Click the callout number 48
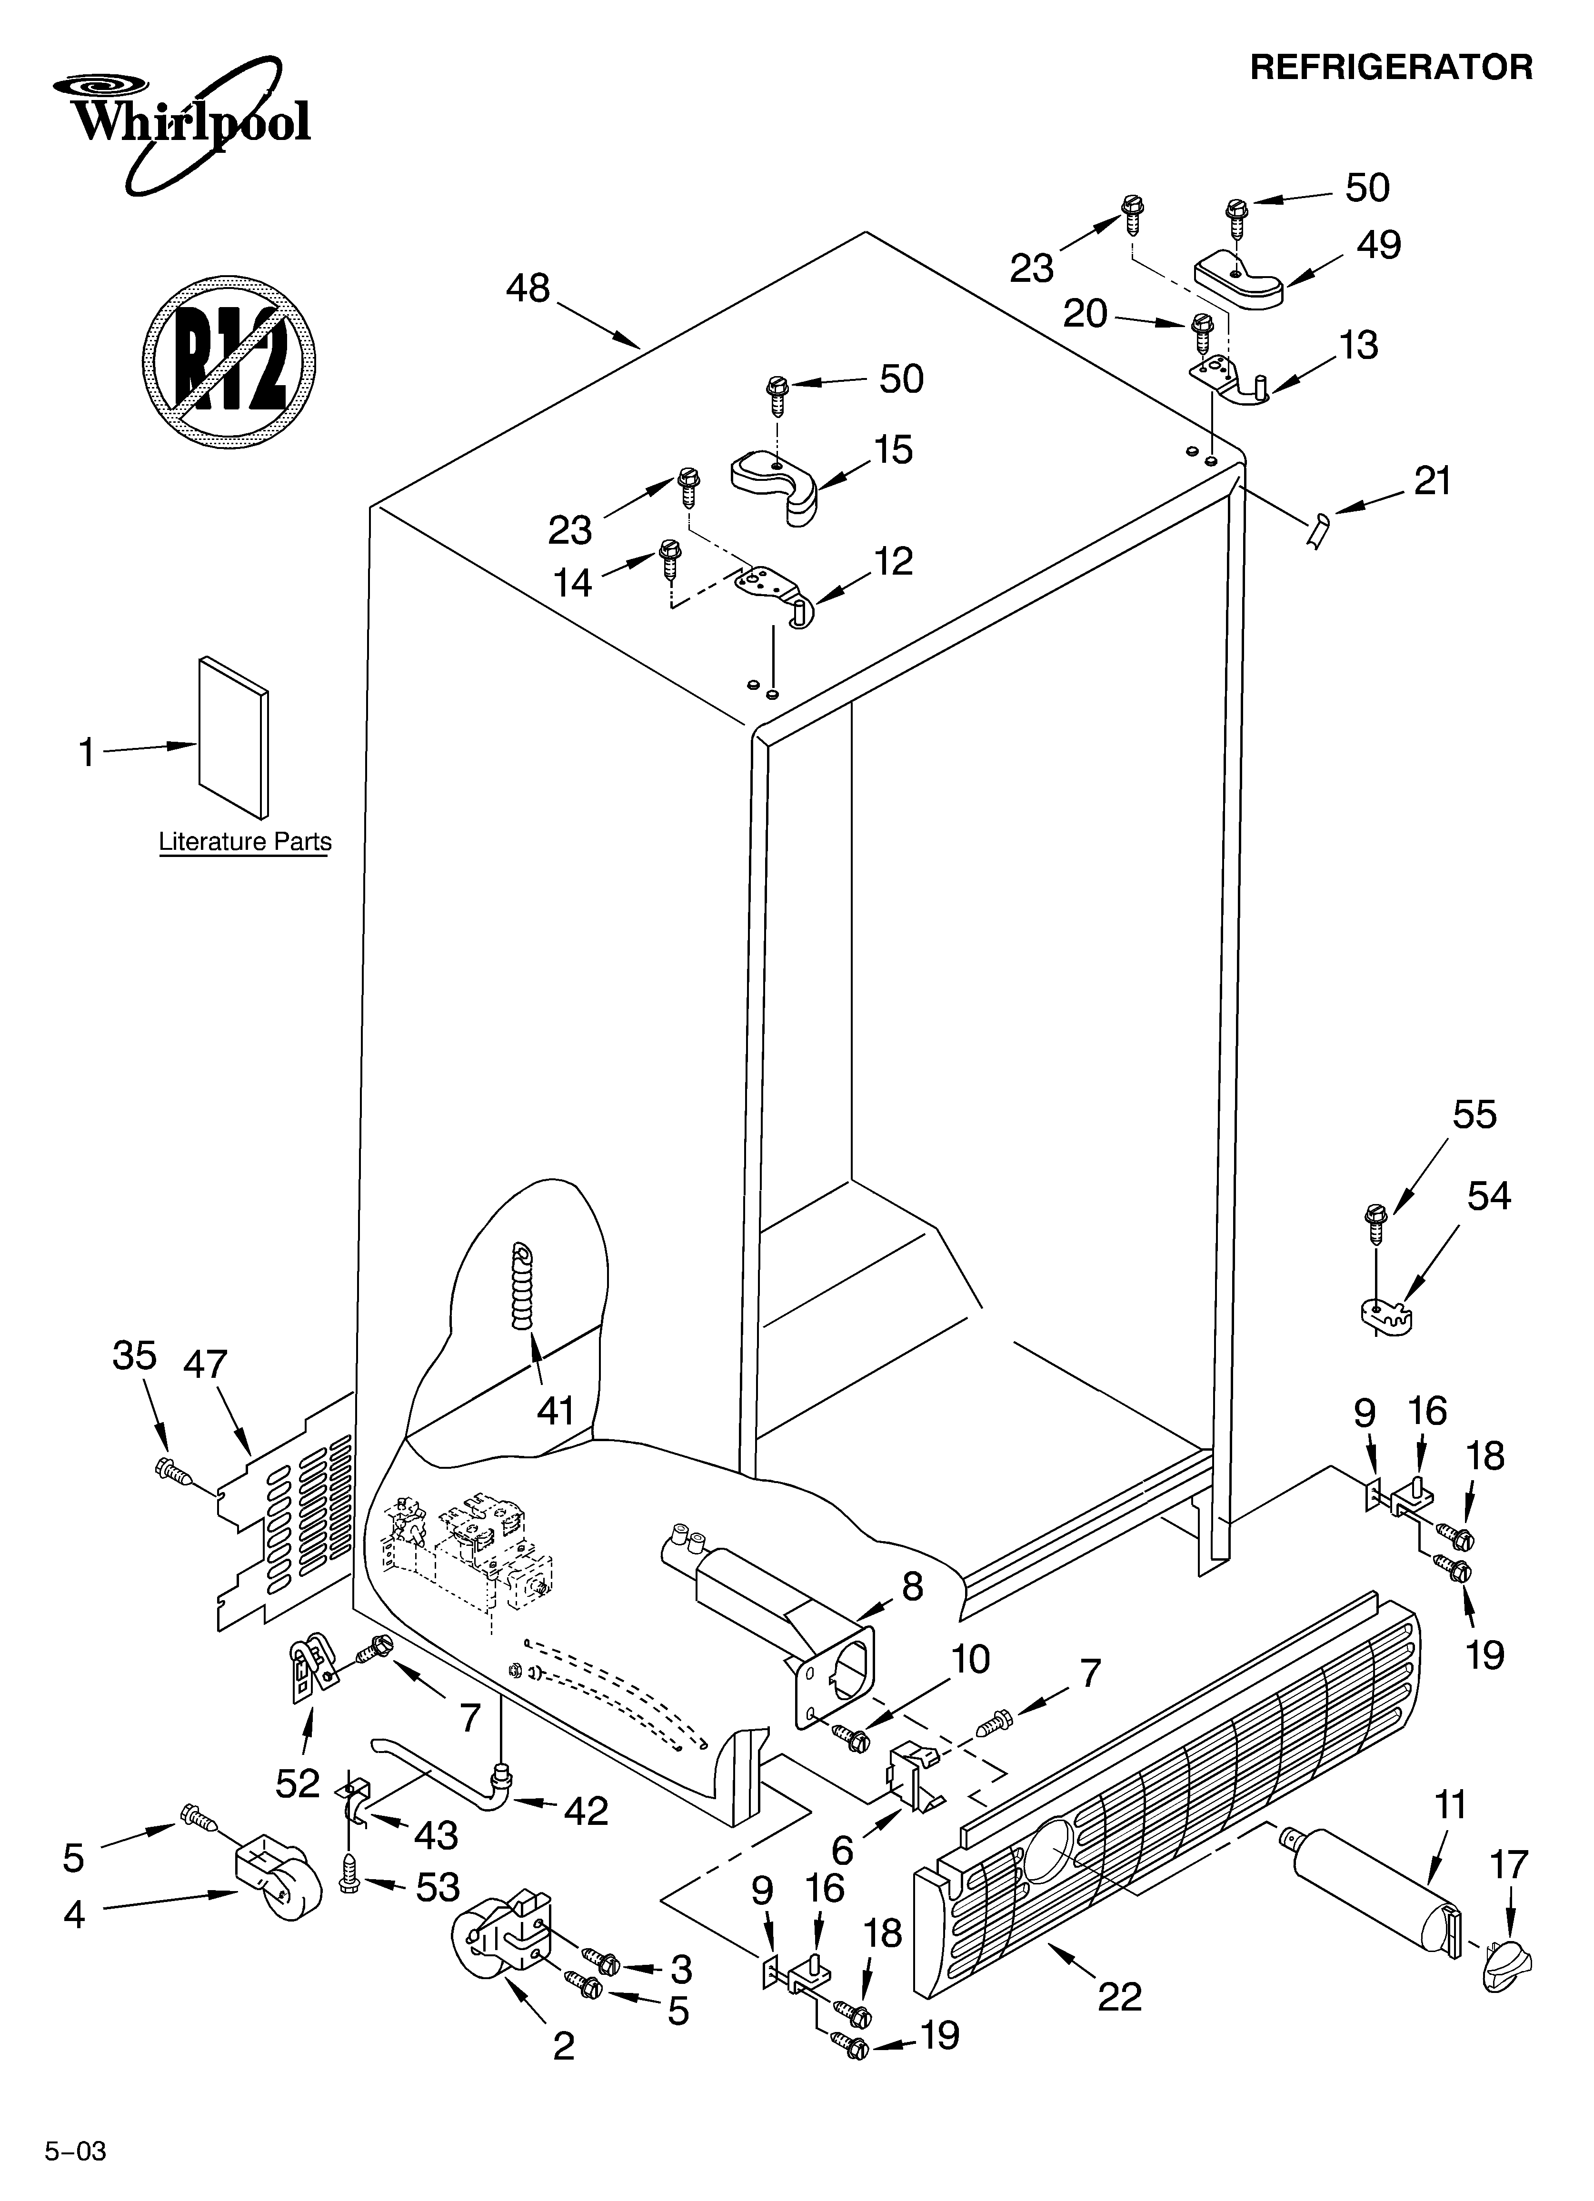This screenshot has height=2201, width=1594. (528, 288)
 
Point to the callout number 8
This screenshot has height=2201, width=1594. (912, 1587)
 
